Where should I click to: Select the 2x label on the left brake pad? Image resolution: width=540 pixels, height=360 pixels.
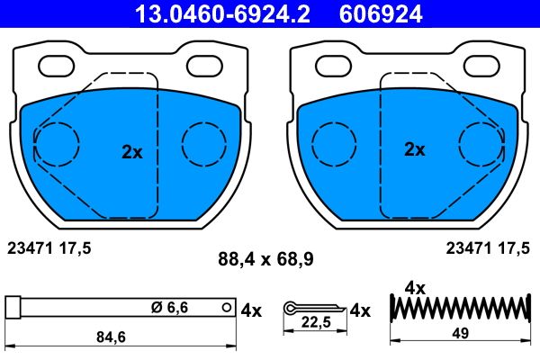coord(132,152)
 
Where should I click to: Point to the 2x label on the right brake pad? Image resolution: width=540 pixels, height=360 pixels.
coord(414,149)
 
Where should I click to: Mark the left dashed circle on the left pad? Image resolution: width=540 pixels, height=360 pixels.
coord(56,142)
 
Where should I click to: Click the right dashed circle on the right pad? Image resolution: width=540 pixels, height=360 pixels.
coord(481,142)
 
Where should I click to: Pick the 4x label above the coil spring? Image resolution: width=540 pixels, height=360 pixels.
coord(415,288)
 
